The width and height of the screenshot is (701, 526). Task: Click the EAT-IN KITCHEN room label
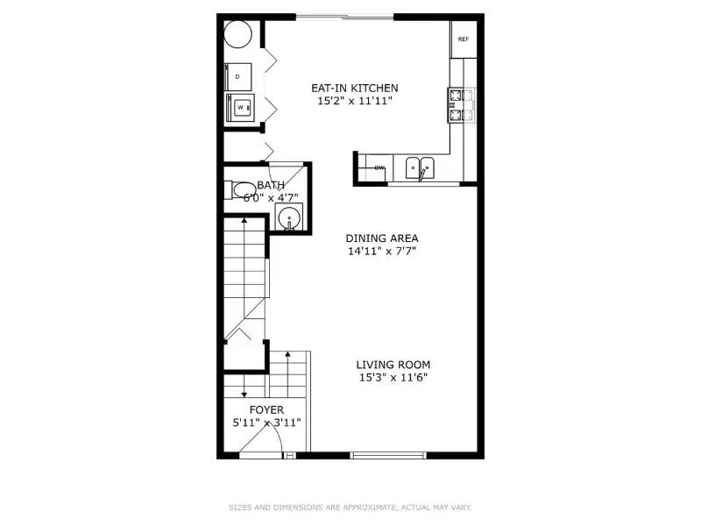point(355,88)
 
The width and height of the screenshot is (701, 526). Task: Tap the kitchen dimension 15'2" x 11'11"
point(355,102)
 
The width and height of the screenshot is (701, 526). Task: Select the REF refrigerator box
point(463,39)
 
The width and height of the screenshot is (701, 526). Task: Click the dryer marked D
point(238,76)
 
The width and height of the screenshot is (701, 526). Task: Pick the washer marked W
point(239,107)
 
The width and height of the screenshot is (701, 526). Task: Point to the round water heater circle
point(239,36)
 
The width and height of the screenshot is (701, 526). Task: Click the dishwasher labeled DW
point(379,167)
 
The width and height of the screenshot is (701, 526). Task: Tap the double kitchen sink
point(419,167)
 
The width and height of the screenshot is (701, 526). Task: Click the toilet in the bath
point(239,190)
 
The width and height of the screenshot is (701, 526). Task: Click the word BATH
point(270,185)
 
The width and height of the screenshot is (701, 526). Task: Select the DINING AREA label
point(381,238)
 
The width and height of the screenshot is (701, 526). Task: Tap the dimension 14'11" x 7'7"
point(381,252)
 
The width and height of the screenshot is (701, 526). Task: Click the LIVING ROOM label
point(393,365)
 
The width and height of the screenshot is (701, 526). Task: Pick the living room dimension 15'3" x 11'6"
point(393,378)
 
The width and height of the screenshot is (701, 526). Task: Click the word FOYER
point(266,409)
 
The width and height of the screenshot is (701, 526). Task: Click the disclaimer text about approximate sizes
point(350,507)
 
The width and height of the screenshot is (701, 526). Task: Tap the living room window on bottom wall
point(388,455)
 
